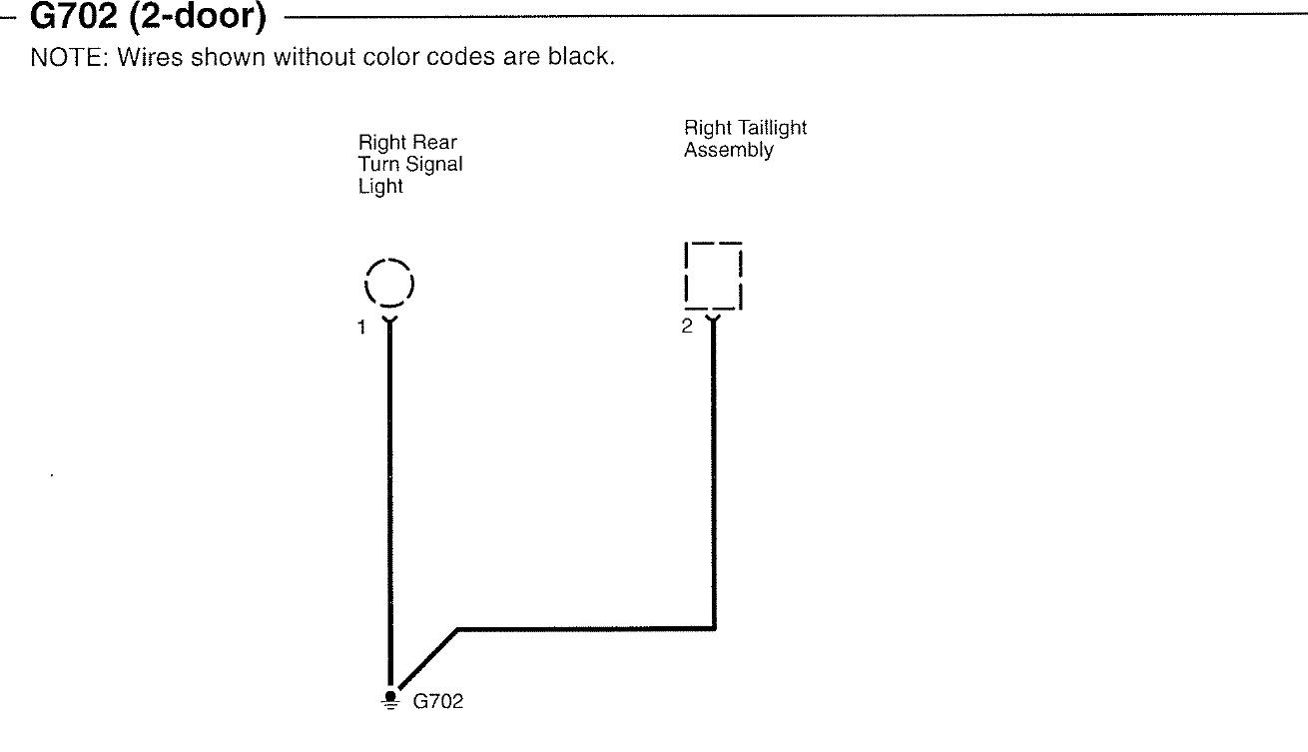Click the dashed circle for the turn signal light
click(x=389, y=282)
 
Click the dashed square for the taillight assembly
click(x=713, y=275)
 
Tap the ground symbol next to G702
click(x=389, y=699)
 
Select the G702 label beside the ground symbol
click(x=438, y=701)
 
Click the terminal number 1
click(x=363, y=328)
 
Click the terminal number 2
click(x=687, y=327)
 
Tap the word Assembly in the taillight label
click(x=728, y=151)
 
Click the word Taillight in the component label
click(x=771, y=129)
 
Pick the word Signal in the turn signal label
click(x=434, y=165)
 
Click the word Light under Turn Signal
click(x=380, y=187)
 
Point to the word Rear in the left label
click(x=434, y=143)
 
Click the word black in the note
click(x=579, y=57)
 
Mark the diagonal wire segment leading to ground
click(x=427, y=659)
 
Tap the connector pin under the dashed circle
click(x=389, y=321)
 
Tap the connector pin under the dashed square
click(x=713, y=320)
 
